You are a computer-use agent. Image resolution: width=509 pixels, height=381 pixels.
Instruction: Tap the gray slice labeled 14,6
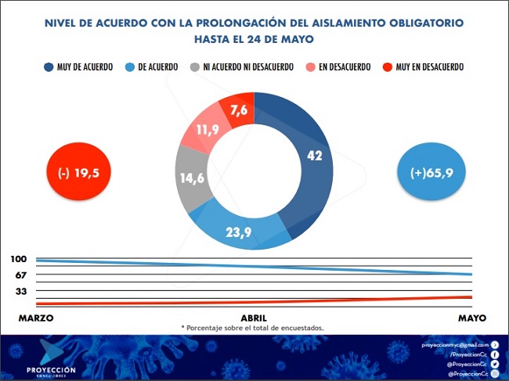192,178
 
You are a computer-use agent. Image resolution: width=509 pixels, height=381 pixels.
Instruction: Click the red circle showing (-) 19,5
79,173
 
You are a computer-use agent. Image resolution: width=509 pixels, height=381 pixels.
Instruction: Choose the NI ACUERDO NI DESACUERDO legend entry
244,67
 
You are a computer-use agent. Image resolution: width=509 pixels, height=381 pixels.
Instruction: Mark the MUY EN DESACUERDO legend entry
423,67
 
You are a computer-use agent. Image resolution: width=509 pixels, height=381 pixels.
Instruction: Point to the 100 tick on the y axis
20,259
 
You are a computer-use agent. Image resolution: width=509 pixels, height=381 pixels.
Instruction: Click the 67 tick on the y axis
20,275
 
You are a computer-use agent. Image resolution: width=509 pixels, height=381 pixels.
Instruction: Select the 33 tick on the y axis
20,292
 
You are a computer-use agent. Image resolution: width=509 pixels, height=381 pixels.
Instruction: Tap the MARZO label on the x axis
36,318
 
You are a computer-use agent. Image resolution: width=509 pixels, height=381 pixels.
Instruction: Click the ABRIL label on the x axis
254,318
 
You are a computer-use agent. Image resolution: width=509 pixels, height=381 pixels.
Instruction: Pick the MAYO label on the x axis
472,318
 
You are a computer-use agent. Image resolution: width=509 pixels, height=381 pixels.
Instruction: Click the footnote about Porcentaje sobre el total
252,328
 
